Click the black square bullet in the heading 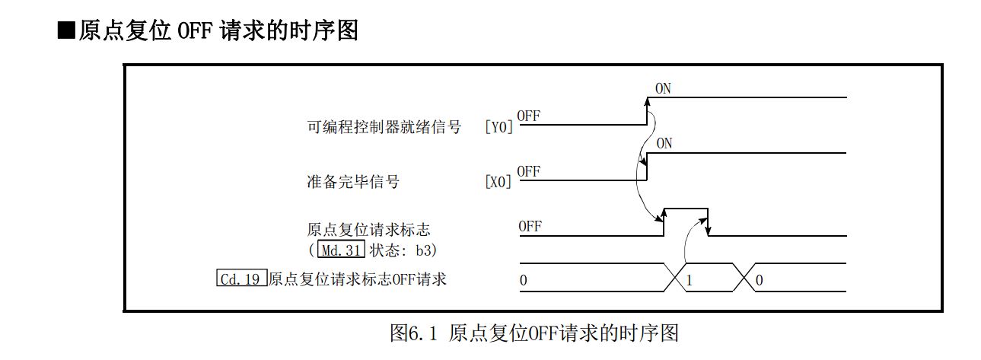pyautogui.click(x=67, y=31)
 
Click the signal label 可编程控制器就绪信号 pyautogui.click(x=383, y=127)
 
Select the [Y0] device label pyautogui.click(x=499, y=127)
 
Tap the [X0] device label pyautogui.click(x=499, y=183)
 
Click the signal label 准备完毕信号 pyautogui.click(x=352, y=182)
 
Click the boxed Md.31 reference pyautogui.click(x=340, y=250)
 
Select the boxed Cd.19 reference pyautogui.click(x=241, y=279)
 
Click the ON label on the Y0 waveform pyautogui.click(x=663, y=89)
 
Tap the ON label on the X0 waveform pyautogui.click(x=664, y=143)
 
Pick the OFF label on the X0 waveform pyautogui.click(x=528, y=171)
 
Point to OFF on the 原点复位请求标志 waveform pyautogui.click(x=530, y=226)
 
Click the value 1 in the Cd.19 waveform pyautogui.click(x=690, y=280)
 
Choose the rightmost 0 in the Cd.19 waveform pyautogui.click(x=760, y=280)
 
